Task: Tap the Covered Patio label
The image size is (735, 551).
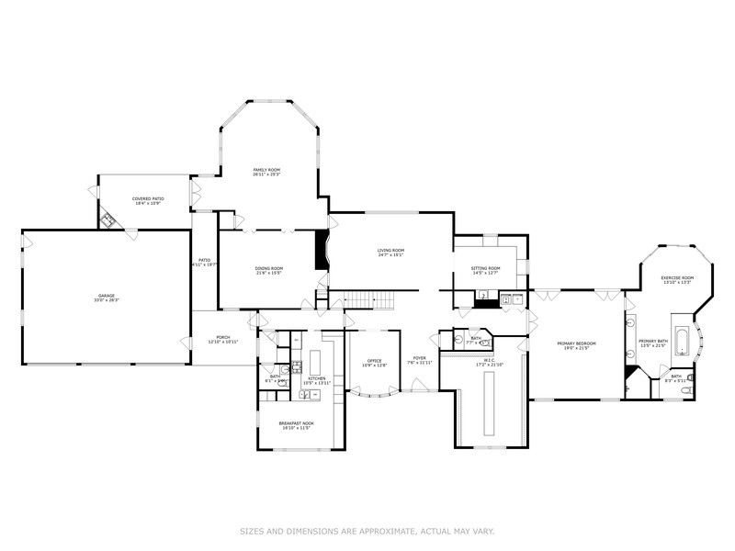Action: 147,198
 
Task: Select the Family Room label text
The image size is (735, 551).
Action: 266,169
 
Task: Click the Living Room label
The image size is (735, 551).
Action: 390,250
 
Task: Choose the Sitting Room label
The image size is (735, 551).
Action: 485,267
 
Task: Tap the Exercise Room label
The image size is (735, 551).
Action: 678,277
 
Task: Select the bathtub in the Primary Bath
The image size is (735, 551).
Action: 681,342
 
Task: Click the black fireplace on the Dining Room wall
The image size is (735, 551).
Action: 321,251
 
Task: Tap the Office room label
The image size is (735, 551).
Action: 374,360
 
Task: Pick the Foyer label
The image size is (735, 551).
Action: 420,358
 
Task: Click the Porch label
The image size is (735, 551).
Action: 222,337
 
